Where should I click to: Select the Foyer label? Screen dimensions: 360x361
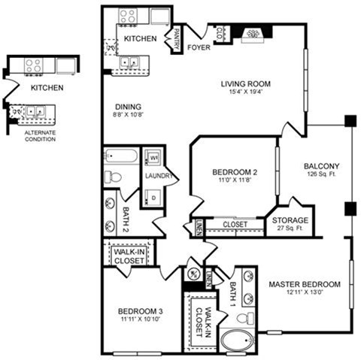click(x=199, y=47)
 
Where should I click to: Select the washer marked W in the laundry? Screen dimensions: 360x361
click(x=153, y=159)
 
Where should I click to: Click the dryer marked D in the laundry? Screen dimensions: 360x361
click(x=153, y=198)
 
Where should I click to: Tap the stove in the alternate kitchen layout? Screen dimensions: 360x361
click(x=34, y=65)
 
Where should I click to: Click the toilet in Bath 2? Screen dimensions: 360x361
click(x=113, y=177)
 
